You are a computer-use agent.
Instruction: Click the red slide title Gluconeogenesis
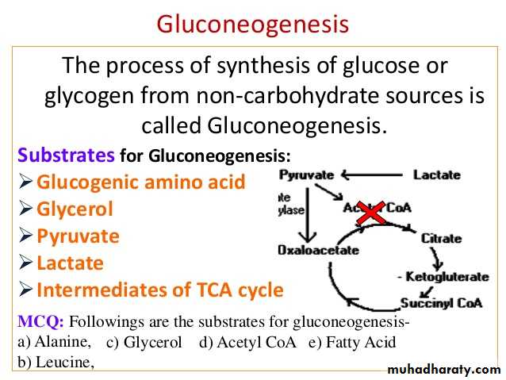coord(252,25)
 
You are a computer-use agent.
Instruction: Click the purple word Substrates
coord(67,153)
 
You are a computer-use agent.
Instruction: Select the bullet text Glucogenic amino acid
coord(140,182)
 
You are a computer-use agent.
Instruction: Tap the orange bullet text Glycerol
coord(75,209)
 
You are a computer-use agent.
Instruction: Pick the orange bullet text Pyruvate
coord(78,236)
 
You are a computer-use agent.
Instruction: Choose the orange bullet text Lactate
coord(70,263)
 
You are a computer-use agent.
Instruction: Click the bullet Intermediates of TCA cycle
coord(159,290)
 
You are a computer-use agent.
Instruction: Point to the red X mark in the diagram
coord(370,212)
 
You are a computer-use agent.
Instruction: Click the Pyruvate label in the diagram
coord(307,174)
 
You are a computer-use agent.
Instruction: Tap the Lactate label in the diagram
coord(437,174)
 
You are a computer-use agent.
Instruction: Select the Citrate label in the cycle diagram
coord(441,238)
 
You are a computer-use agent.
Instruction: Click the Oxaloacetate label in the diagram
coord(318,250)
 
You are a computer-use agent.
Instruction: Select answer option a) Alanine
coord(54,343)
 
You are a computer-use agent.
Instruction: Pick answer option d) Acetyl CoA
coord(247,343)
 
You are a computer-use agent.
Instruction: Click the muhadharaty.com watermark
coord(444,370)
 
